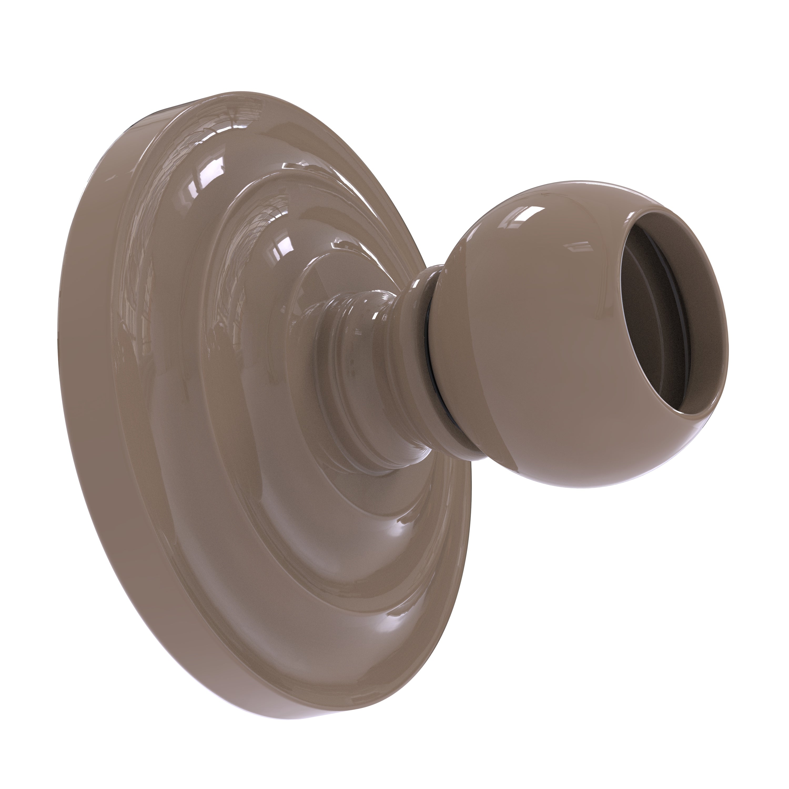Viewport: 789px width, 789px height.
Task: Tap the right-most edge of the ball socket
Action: pos(728,347)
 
